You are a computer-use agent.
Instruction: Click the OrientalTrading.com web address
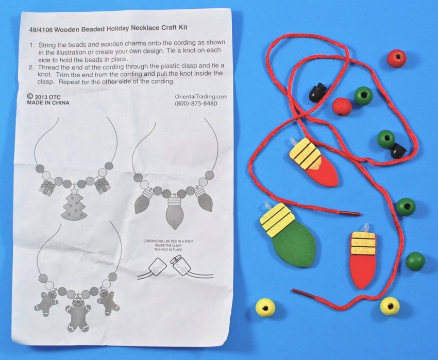coord(201,97)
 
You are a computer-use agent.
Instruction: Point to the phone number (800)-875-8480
coord(196,104)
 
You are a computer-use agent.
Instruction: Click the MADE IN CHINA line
coord(48,103)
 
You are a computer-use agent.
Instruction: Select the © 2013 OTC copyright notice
coord(44,97)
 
